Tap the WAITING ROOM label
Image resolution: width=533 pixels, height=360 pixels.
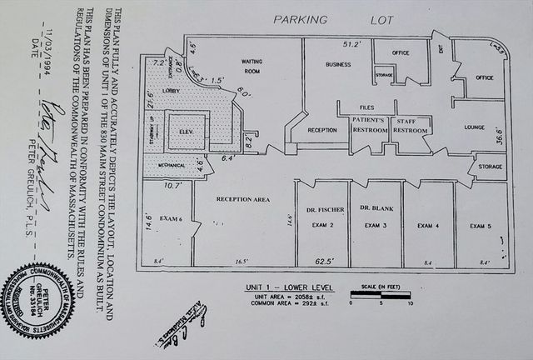click(252, 66)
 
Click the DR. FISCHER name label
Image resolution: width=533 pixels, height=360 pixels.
click(320, 208)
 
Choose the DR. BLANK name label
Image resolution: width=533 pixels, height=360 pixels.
click(376, 207)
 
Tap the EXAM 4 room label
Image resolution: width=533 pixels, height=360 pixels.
click(428, 226)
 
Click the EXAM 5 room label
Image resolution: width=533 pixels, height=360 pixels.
click(481, 226)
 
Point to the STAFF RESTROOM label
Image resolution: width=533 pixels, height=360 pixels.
click(411, 126)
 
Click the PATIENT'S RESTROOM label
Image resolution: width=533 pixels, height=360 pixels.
click(368, 126)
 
